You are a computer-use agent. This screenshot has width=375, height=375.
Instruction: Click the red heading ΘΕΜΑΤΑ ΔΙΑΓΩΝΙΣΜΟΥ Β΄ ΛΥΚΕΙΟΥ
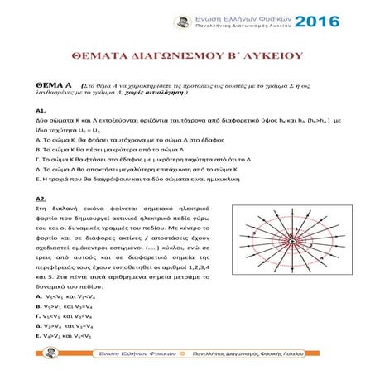tap(187, 55)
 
